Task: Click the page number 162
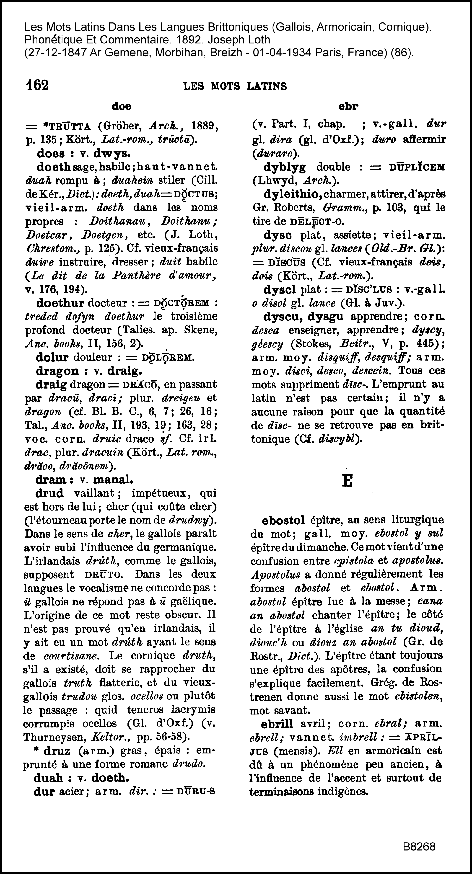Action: [x=37, y=85]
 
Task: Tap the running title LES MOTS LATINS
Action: [x=235, y=86]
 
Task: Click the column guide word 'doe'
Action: [x=121, y=106]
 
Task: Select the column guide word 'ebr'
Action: [x=348, y=106]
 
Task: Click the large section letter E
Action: [x=347, y=480]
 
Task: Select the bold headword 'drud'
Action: [x=49, y=493]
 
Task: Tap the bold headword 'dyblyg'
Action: [x=285, y=167]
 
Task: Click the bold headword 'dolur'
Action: [x=52, y=357]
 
